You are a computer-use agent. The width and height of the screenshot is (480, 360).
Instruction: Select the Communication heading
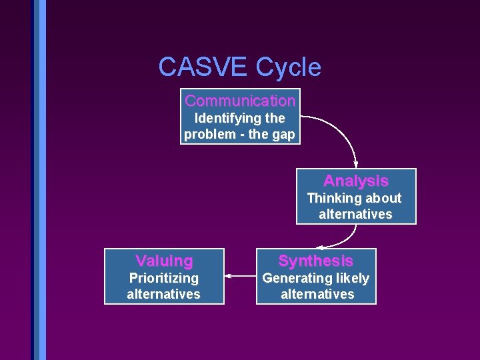240,101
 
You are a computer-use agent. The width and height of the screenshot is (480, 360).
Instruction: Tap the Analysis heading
355,181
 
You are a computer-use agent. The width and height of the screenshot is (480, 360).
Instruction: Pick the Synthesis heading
315,261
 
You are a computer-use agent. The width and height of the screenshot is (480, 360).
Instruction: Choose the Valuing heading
164,261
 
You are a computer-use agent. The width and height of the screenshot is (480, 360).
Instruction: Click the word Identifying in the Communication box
221,119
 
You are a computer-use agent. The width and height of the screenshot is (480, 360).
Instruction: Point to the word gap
283,135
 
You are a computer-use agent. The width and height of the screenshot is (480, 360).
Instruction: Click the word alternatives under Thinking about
355,215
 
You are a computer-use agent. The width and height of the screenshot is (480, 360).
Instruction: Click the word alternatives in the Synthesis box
317,295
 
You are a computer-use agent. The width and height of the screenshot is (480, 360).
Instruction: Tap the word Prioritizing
164,279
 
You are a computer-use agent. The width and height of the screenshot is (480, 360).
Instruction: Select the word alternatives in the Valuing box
164,295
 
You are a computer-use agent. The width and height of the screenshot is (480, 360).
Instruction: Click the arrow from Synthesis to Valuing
241,275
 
